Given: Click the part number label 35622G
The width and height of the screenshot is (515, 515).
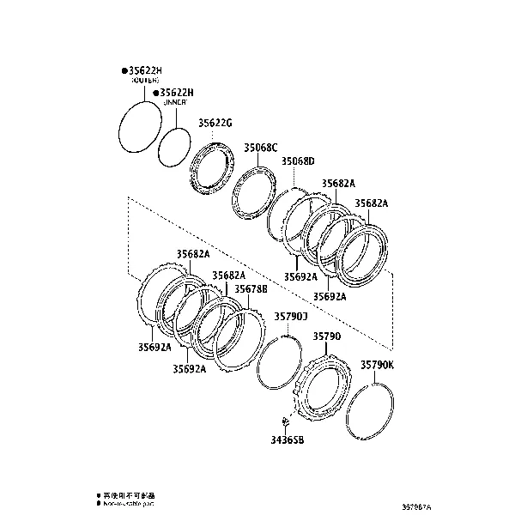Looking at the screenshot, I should [x=215, y=123].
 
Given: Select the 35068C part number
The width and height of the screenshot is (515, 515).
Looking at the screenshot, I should [x=261, y=147].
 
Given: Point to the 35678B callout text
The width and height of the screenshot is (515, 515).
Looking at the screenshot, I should [x=251, y=289].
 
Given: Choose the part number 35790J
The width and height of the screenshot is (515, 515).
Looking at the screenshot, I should [x=290, y=316].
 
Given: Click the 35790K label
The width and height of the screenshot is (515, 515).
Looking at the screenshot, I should [x=377, y=365].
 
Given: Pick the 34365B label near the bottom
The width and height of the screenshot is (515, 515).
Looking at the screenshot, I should [x=287, y=439].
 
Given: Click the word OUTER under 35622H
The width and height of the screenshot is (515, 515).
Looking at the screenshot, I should [x=146, y=80].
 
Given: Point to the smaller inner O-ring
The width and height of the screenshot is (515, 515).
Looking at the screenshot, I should [x=175, y=147].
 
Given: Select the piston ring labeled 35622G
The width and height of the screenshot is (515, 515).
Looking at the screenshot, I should [x=211, y=171].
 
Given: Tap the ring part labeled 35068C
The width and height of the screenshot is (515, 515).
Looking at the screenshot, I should [x=254, y=196].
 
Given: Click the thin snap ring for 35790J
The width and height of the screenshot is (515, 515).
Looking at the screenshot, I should [x=280, y=360].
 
